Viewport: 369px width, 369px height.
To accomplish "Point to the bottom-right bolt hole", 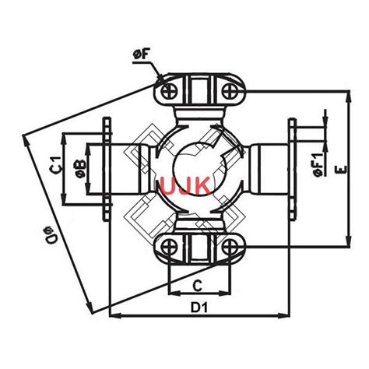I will (x=232, y=248).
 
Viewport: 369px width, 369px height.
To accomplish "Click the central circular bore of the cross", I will (x=196, y=167).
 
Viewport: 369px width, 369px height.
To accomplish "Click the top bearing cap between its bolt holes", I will (x=201, y=92).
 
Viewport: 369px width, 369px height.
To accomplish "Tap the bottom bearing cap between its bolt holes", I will (x=201, y=248).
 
